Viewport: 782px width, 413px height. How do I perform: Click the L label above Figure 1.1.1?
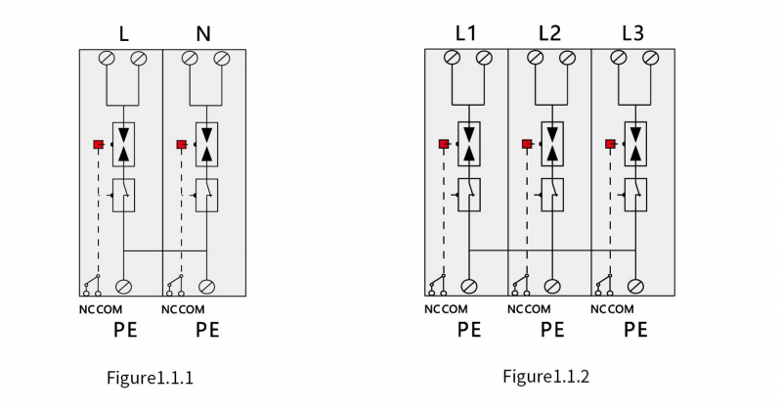tap(124, 34)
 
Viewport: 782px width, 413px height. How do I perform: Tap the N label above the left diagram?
tap(203, 34)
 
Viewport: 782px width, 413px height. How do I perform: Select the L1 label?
tap(466, 33)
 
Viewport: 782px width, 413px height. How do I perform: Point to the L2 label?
tap(549, 33)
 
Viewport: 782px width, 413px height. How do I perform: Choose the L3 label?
tap(632, 33)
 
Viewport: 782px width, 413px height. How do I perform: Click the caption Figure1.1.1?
tap(150, 378)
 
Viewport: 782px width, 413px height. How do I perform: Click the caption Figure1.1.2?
tap(545, 376)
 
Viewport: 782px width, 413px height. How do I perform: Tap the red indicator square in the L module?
tap(99, 144)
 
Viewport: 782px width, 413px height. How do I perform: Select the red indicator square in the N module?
tap(182, 144)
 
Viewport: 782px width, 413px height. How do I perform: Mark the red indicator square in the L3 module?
tap(610, 144)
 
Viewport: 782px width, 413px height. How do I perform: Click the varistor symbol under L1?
tap(469, 144)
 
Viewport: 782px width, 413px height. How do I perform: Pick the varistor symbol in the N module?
tap(206, 144)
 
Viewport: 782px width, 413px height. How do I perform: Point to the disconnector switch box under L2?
tap(552, 195)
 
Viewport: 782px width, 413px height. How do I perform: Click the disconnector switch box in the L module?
tap(124, 196)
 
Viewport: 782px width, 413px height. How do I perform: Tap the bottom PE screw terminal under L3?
tap(635, 286)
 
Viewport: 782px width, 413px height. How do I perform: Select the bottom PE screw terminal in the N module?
tap(206, 287)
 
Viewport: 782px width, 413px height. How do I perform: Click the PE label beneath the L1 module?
tap(469, 330)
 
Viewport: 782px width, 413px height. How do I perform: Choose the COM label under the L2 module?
tap(538, 309)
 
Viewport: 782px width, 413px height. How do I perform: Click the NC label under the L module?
tap(87, 309)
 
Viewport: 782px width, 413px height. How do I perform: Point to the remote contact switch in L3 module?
tap(603, 285)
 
